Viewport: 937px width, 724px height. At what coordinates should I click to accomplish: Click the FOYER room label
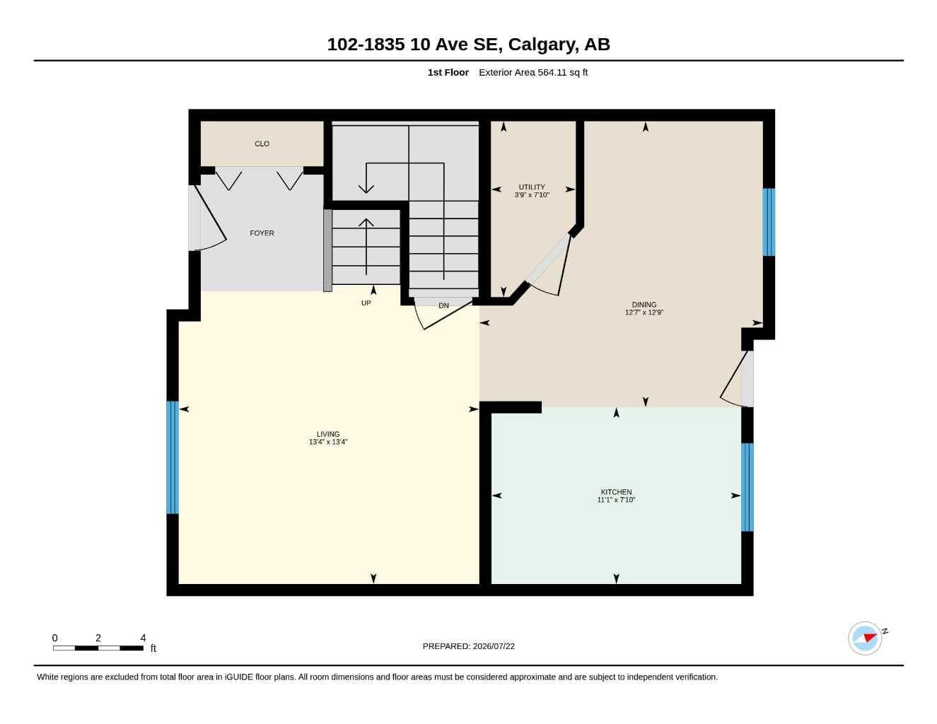[262, 233]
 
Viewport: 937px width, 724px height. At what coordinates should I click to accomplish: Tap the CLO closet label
[262, 144]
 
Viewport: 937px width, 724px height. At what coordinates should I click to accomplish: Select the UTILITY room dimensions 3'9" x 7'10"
[532, 195]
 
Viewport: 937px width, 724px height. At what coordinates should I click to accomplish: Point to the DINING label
[644, 305]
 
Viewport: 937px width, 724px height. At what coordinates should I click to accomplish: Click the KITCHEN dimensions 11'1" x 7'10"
[616, 500]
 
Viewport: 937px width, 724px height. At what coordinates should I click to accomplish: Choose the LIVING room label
[327, 434]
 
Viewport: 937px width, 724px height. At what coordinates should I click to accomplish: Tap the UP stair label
[366, 303]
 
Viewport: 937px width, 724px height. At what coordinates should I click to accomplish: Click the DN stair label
[443, 305]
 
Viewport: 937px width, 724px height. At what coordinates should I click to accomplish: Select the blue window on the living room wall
[172, 457]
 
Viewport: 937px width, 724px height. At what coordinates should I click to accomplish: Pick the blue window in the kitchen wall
[747, 487]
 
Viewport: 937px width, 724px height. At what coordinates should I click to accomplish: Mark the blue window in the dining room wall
[769, 223]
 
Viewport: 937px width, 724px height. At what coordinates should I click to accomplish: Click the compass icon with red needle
[865, 638]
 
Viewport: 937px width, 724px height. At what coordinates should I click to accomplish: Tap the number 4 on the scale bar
[143, 638]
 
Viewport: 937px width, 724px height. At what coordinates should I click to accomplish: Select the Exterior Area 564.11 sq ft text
[533, 72]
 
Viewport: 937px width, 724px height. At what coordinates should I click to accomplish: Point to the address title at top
[468, 45]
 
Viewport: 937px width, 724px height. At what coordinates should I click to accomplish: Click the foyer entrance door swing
[211, 218]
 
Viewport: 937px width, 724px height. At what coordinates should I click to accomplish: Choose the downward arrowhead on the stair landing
[366, 189]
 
